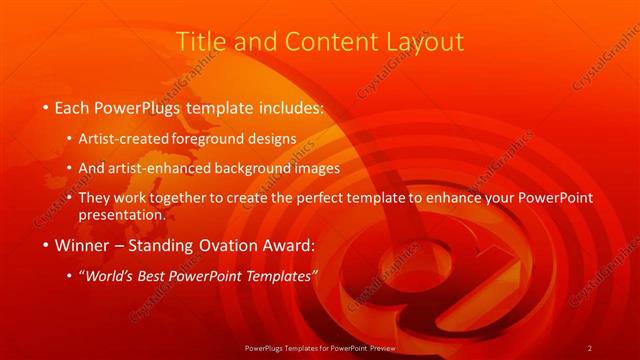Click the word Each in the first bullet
[x=73, y=105]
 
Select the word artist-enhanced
[x=181, y=168]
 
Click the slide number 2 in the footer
[x=590, y=347]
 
